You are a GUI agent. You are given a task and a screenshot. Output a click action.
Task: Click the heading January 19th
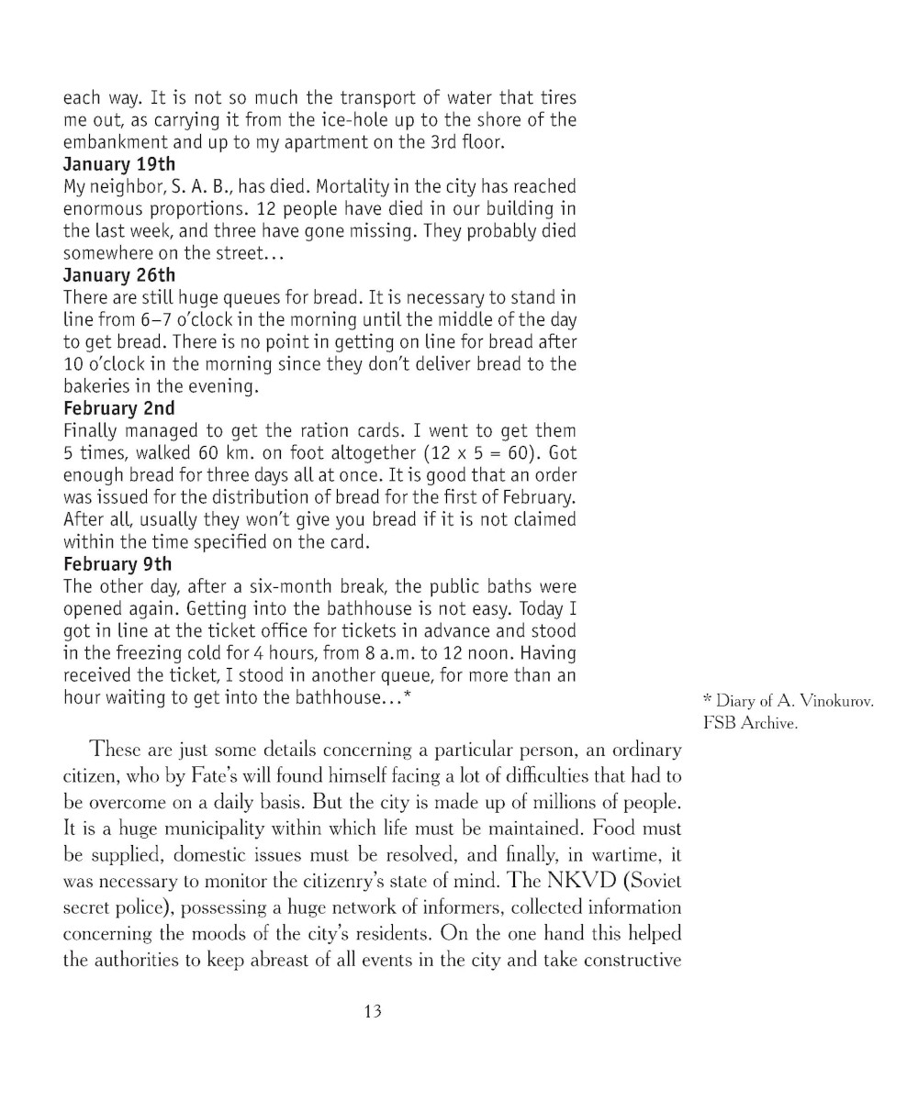click(x=118, y=164)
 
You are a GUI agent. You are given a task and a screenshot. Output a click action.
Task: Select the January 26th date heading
click(x=118, y=275)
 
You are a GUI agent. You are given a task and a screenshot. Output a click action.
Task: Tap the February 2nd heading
click(x=118, y=408)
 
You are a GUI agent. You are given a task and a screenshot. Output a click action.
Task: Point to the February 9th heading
click(x=117, y=563)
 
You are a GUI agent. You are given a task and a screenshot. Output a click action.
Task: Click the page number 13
click(x=372, y=1011)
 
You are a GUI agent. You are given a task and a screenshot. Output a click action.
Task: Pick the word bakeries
click(x=97, y=386)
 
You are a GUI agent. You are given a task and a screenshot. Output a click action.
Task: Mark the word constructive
click(x=633, y=960)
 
